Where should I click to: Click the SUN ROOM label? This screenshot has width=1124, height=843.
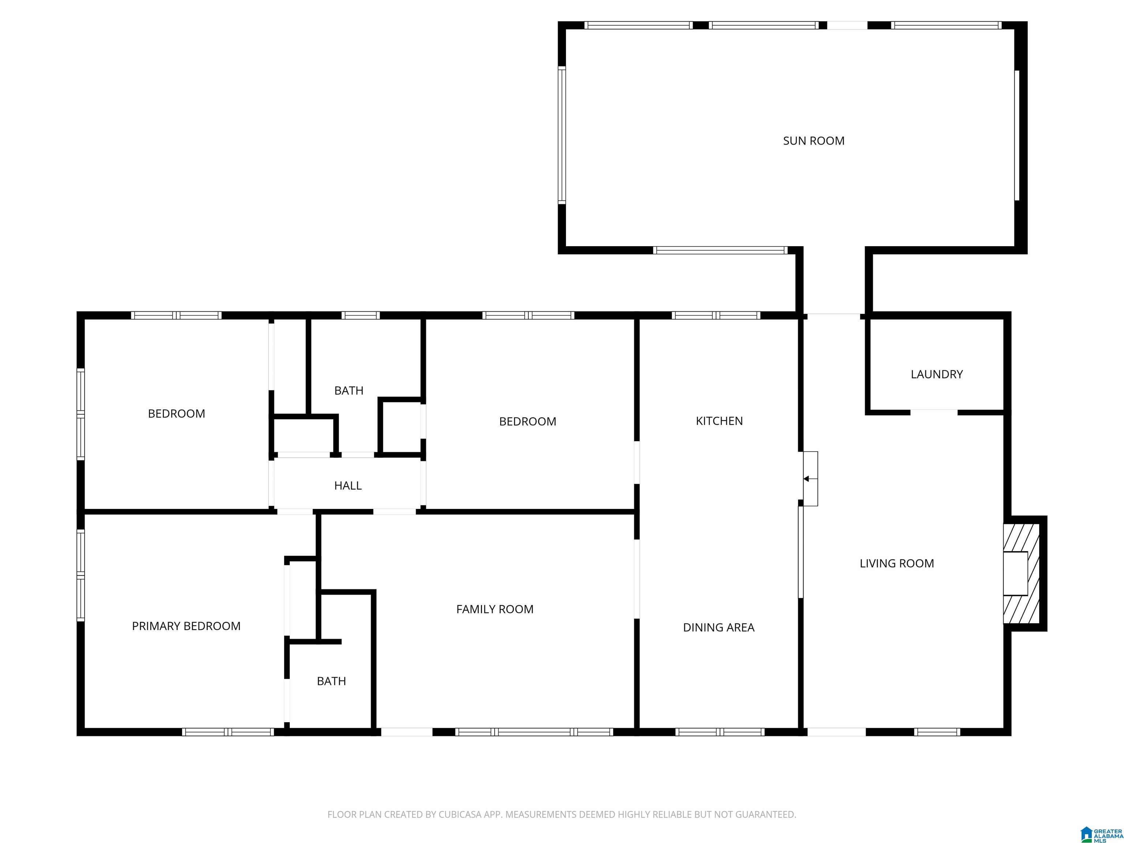813,141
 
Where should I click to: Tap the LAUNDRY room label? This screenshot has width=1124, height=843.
937,375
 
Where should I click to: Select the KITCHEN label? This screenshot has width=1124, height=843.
719,421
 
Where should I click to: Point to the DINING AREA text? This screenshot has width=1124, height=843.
719,627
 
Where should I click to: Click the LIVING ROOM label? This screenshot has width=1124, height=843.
897,563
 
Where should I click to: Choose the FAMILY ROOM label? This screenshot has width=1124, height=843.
495,609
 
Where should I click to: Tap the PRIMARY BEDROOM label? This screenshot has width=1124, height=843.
186,626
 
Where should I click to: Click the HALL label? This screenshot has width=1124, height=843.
348,486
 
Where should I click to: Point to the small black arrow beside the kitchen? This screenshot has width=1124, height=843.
806,479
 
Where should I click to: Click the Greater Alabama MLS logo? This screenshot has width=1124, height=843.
1101,834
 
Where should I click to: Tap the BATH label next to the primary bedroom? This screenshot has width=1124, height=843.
331,681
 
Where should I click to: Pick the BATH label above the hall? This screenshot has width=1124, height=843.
349,391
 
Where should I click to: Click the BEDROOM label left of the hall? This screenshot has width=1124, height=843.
176,413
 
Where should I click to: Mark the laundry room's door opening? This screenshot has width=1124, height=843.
934,412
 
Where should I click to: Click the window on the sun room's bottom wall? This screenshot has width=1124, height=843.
720,250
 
